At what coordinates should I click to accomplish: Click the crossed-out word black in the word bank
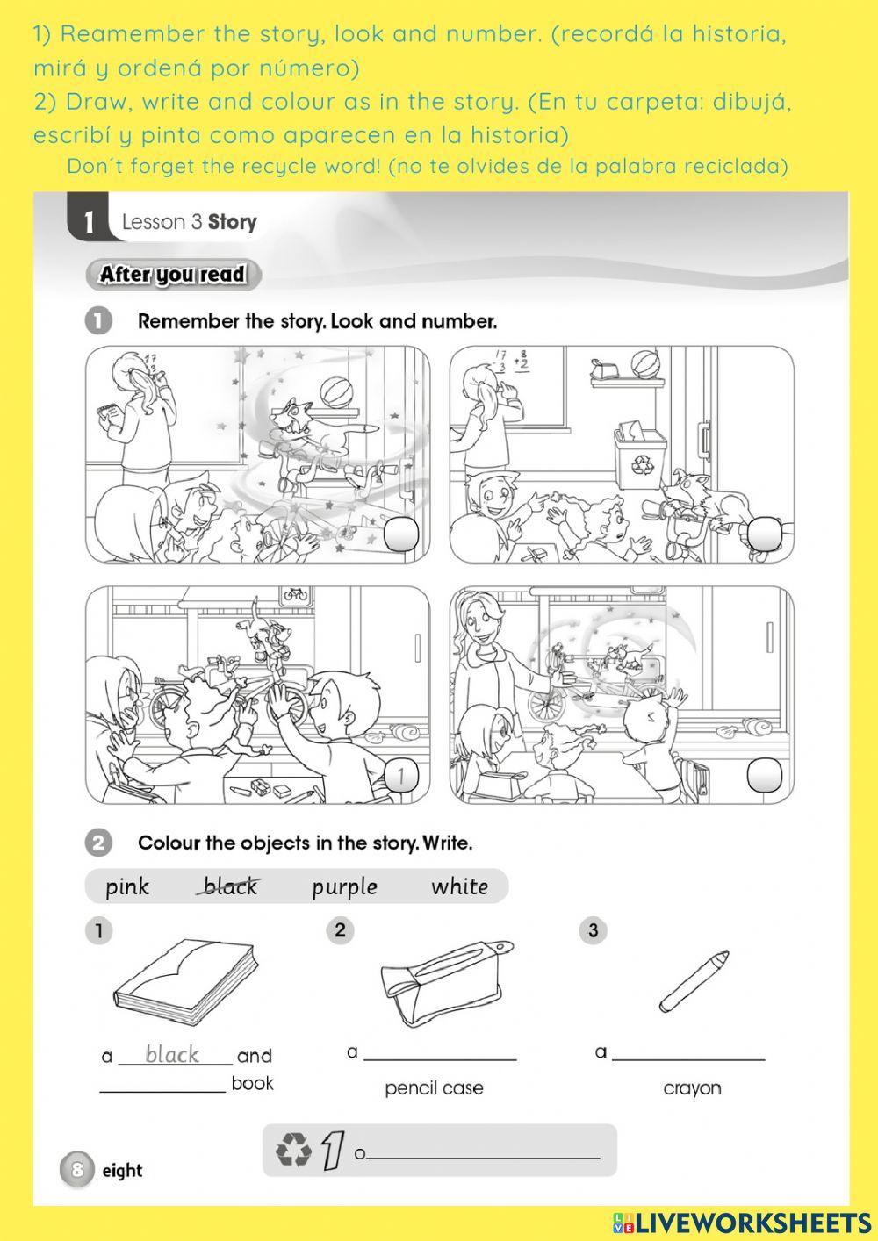229,886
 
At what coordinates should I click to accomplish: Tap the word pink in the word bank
127,887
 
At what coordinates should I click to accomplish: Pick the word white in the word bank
459,886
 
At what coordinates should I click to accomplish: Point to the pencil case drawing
447,982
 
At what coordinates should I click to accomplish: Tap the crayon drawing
694,981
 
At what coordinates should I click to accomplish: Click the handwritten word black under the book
172,1054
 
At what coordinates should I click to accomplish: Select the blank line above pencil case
440,1060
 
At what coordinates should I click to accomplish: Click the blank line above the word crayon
688,1060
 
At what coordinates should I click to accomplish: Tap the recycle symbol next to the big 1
294,1149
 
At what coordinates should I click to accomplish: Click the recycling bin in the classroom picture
640,456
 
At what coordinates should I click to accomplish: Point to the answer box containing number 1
400,776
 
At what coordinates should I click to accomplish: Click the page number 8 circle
77,1170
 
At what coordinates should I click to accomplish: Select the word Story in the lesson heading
233,222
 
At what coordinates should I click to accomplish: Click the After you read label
173,274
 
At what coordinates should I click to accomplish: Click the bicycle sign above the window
295,596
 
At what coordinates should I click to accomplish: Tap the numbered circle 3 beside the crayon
594,929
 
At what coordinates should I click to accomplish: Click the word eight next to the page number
122,1171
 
